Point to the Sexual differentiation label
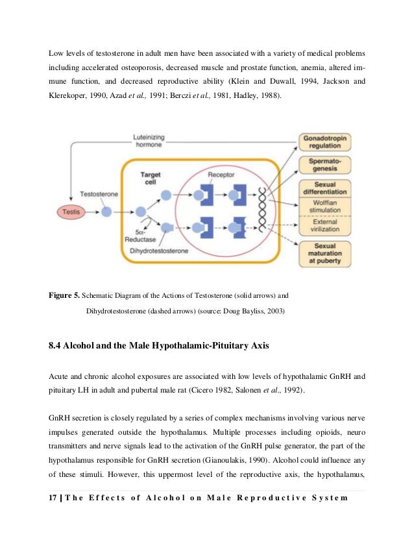329,189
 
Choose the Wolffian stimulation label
329,208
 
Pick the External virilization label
329,226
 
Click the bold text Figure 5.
65,295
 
